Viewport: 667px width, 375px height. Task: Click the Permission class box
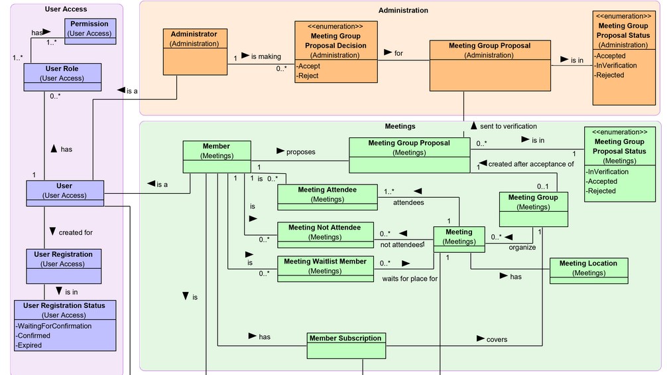point(90,29)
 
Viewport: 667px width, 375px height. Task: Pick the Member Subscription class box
point(345,343)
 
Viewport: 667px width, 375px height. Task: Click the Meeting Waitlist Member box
point(325,269)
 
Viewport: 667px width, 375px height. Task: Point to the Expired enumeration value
point(30,345)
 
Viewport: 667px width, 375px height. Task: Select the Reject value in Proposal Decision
point(308,76)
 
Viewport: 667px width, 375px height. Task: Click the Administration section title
point(403,10)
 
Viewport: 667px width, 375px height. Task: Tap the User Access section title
point(66,9)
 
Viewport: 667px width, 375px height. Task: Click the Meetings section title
point(400,126)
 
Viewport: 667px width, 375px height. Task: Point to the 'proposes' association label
point(300,152)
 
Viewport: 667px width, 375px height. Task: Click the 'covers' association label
point(497,339)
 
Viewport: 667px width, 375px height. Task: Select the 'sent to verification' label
point(508,126)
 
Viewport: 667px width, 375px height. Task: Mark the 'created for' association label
point(76,232)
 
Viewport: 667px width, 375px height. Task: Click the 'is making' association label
point(267,57)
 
